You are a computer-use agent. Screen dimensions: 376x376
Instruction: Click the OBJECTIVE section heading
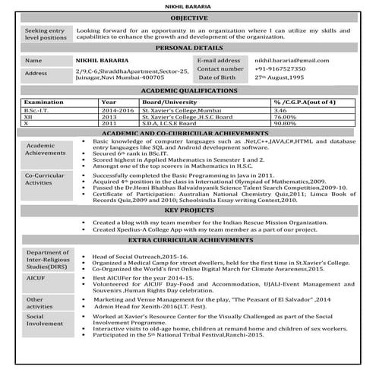[188, 17]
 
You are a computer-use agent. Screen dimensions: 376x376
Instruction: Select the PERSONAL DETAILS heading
[188, 47]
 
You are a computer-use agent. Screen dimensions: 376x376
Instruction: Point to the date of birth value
[279, 77]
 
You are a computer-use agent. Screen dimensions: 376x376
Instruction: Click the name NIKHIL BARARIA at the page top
[188, 5]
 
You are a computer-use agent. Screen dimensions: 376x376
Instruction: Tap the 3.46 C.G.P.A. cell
[280, 110]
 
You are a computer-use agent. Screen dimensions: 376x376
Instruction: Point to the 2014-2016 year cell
[116, 110]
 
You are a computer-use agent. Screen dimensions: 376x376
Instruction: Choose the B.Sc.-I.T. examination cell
[39, 110]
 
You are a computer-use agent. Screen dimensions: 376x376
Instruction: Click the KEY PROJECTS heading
[188, 210]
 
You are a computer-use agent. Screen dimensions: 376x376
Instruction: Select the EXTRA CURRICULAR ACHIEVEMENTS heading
[188, 240]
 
